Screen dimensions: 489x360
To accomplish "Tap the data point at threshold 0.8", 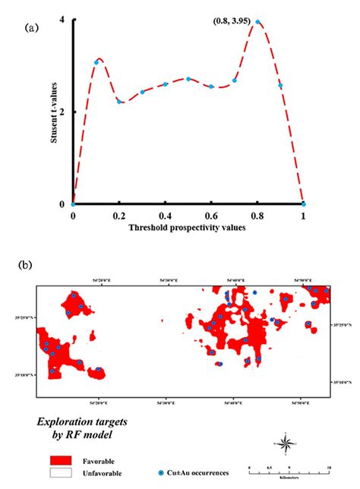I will [x=258, y=23].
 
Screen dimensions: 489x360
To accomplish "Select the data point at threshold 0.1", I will [x=96, y=62].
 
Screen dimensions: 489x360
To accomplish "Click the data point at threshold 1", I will [x=304, y=203].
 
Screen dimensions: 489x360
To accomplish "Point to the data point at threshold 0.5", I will [x=188, y=79].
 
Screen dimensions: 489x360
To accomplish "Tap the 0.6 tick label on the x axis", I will [x=211, y=216].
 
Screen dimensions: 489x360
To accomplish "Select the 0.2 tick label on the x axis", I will [x=118, y=216].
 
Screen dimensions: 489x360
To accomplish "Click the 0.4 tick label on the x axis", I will [x=165, y=216].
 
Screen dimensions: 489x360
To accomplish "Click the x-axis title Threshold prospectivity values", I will [x=188, y=228].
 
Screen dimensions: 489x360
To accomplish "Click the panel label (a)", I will [x=31, y=28].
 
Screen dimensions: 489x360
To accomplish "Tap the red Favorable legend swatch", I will [x=62, y=460].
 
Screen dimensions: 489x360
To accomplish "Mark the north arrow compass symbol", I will [x=283, y=443].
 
